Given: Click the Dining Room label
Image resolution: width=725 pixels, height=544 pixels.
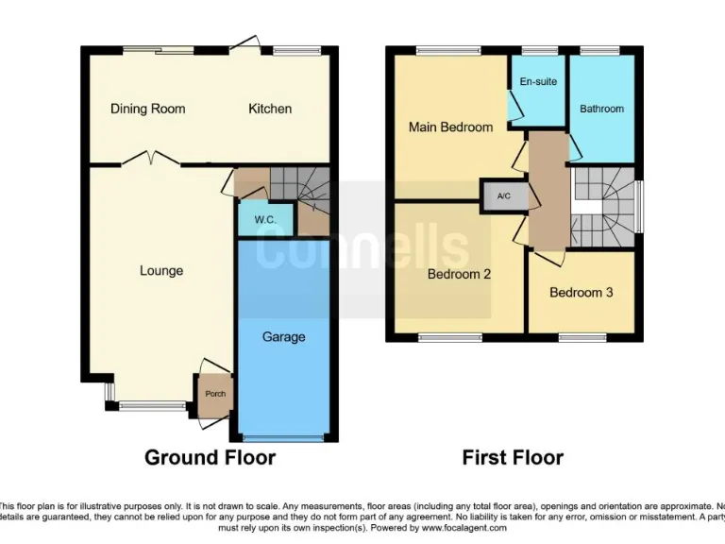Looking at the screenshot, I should pos(147,109).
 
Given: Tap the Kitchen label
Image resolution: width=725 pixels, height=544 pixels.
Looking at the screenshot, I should pos(270,109).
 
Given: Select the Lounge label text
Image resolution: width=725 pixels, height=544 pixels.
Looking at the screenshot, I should pos(161,271).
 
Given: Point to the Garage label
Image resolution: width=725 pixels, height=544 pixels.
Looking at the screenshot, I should pos(283,336).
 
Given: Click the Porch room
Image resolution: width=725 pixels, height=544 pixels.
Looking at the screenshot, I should pos(215,394).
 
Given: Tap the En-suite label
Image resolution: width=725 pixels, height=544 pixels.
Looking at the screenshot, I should pos(538,82).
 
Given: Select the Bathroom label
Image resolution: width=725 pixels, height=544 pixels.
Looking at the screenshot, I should pos(601,109).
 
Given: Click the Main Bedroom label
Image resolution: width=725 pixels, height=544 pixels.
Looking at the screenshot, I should pos(450,127).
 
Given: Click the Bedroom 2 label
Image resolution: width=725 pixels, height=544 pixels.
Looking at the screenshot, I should pos(460,275).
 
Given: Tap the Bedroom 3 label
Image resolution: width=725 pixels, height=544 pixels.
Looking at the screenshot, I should pos(582,293).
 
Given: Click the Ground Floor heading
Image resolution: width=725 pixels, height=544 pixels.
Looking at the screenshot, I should pos(210,458).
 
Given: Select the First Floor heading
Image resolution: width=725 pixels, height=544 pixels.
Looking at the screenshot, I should pos(513,458).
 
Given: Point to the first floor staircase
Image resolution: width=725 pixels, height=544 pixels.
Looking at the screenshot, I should pos(604,203).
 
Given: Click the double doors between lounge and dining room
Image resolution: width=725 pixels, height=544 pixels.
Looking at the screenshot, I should pos(148,159).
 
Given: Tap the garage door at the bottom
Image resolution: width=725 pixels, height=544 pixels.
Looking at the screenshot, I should pos(283,437).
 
